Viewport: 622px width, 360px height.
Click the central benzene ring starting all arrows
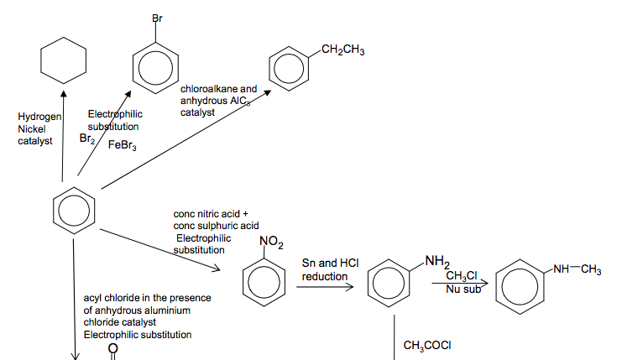click(74, 209)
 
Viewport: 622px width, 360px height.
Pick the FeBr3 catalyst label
click(122, 145)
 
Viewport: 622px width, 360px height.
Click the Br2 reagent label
click(87, 139)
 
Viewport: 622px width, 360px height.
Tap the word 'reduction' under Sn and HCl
click(325, 276)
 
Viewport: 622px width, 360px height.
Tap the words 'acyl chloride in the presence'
click(147, 298)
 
